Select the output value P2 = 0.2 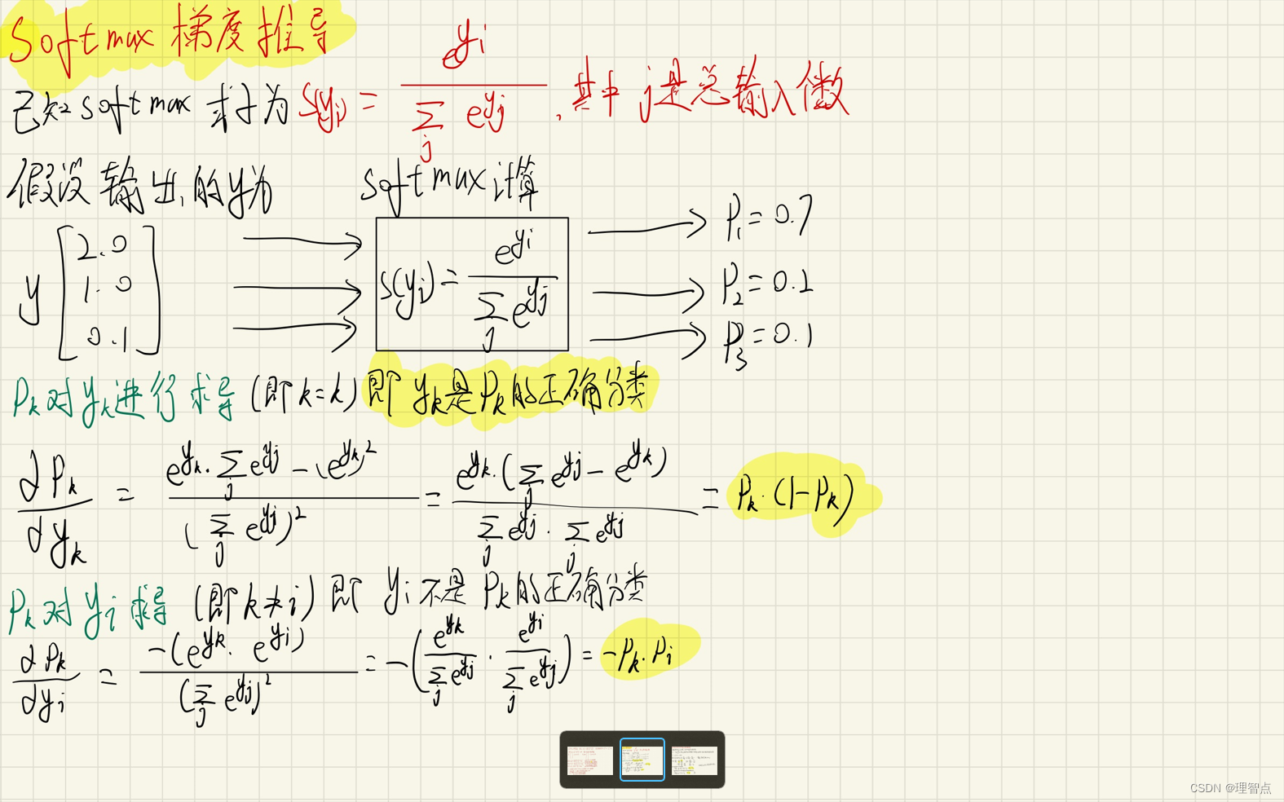point(766,284)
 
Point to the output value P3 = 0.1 point(767,339)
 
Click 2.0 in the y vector point(103,245)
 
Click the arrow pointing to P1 point(647,226)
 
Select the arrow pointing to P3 point(647,337)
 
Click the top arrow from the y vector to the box point(302,241)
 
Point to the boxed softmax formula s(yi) point(471,284)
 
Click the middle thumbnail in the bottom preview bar point(642,760)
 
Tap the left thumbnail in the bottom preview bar point(590,760)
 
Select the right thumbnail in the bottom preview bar point(694,760)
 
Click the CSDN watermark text point(1230,788)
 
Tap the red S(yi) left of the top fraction point(324,105)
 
